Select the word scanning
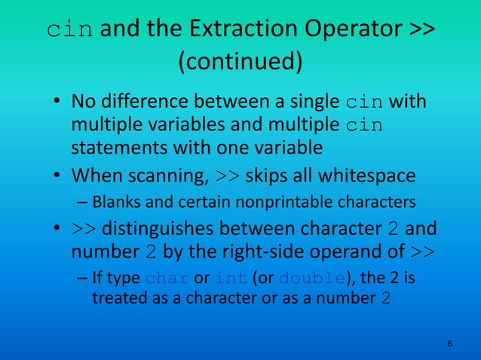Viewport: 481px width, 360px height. (163, 175)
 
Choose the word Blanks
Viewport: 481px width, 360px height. (113, 202)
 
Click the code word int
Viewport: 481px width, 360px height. (231, 278)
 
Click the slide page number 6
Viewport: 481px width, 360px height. (449, 344)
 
